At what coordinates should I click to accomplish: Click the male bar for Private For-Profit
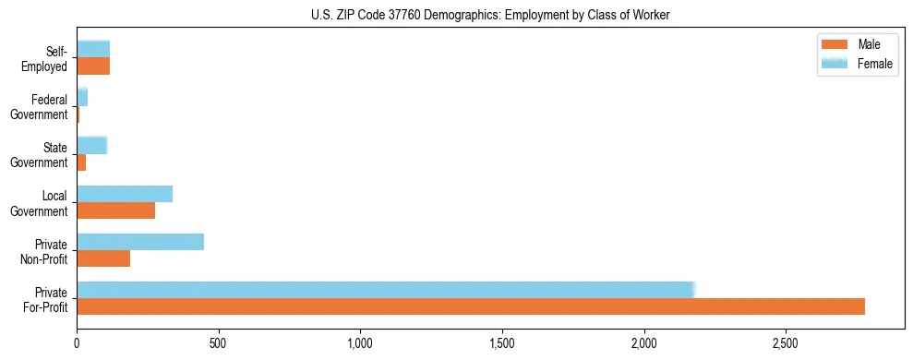471,306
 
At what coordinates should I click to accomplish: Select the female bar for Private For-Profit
385,290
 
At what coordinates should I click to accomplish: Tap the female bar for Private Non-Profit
140,242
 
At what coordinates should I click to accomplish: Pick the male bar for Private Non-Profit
103,258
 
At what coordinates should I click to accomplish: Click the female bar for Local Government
125,194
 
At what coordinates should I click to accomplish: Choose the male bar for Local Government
116,210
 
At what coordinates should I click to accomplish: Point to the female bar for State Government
92,145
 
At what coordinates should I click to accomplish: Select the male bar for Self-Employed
93,66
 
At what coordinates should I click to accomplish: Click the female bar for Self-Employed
93,49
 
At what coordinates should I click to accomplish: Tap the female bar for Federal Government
82,97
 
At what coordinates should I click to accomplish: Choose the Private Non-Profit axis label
45,251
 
